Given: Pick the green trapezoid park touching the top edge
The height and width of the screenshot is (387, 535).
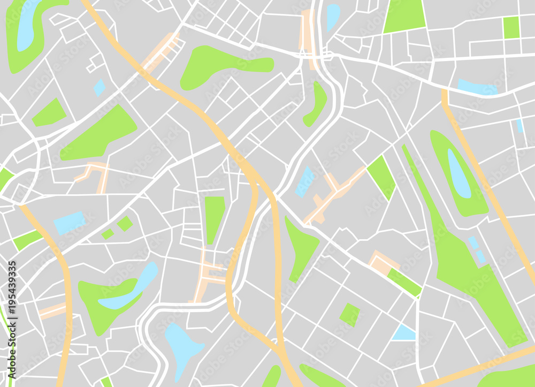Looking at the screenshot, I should pos(405,16).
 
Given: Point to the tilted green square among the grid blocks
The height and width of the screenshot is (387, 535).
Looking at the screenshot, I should pos(349,314).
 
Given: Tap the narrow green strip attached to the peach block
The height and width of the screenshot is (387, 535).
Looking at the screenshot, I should pos(404,282).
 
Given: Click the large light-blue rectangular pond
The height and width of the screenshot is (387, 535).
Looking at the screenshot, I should pos(69,222).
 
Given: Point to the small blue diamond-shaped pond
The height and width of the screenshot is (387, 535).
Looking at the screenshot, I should pos(100,87).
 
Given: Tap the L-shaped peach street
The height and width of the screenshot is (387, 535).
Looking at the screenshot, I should pos(94,174).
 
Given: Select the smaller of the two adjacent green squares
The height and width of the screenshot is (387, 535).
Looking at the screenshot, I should pos(108,234).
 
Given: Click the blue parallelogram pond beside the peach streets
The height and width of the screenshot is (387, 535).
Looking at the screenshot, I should pos(305,181).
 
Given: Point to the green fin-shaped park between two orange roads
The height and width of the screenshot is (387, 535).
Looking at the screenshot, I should pos(301,247).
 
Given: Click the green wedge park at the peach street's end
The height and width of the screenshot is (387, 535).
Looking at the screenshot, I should pos(381,177).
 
